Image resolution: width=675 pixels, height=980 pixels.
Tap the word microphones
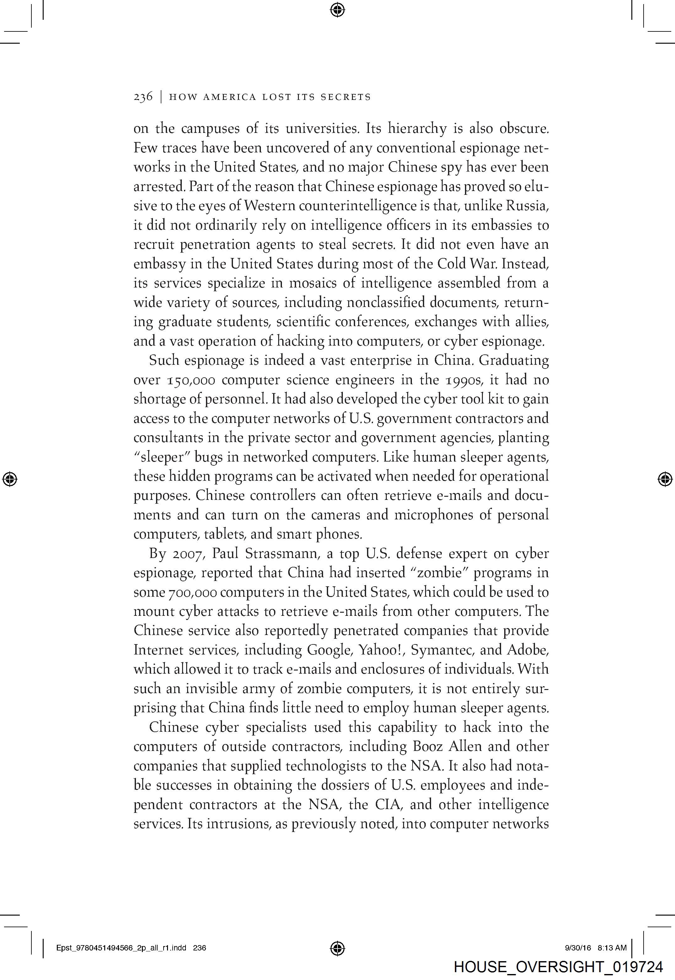point(442,515)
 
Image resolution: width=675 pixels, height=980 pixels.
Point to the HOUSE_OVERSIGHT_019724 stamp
point(558,967)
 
